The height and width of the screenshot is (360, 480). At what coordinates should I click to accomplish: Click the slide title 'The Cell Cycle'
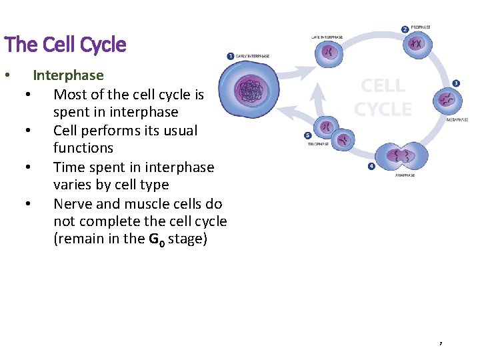tap(65, 45)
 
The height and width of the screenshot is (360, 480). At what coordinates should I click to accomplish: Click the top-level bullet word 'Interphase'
tap(68, 76)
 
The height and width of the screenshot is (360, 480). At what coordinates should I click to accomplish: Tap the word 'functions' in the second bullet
tap(83, 148)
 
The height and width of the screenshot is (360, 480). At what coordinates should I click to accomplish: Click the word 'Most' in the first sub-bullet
tap(69, 95)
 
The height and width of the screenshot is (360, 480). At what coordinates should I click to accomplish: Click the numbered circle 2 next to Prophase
tap(405, 29)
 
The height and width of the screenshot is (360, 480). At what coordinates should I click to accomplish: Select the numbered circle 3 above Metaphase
tap(456, 83)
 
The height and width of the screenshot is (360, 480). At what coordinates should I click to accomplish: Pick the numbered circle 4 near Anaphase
tap(371, 167)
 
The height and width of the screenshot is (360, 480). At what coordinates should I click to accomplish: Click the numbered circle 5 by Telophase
tap(307, 136)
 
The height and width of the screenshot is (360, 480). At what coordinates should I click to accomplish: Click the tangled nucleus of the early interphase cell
tap(251, 89)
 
